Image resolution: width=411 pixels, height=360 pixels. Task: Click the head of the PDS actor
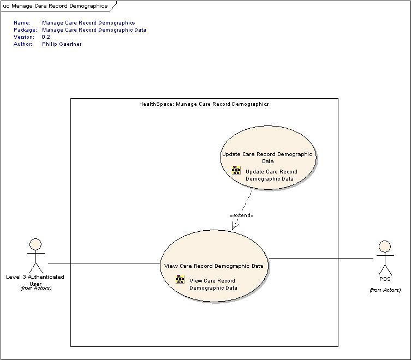click(385, 247)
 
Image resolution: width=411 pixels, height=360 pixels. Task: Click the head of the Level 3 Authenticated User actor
click(35, 244)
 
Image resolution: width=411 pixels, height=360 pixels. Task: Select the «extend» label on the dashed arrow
click(242, 215)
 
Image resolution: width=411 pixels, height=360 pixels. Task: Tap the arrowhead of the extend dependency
click(234, 226)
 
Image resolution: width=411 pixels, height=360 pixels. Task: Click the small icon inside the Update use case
click(236, 170)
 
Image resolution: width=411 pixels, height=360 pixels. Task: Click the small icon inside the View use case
click(180, 279)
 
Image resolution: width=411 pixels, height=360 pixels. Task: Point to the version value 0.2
click(46, 37)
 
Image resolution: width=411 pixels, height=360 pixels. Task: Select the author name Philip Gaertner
click(62, 44)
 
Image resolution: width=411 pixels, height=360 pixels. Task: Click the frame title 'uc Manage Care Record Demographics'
click(55, 6)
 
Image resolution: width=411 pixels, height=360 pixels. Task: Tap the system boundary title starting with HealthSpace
click(204, 104)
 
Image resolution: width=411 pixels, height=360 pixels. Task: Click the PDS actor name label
click(385, 279)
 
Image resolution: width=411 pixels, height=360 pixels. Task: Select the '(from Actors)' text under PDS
click(385, 290)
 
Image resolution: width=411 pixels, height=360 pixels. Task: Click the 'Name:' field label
click(22, 23)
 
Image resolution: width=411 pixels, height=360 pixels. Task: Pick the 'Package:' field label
click(25, 30)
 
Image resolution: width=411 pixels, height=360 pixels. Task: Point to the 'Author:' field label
click(23, 44)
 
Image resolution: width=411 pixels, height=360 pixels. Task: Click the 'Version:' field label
click(24, 37)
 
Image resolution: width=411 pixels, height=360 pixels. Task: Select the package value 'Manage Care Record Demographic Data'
click(94, 30)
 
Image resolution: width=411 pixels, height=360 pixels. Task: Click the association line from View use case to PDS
click(321, 259)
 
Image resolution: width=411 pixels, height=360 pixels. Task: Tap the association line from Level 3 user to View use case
click(104, 263)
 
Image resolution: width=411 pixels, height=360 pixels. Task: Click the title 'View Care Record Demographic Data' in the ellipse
click(213, 266)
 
